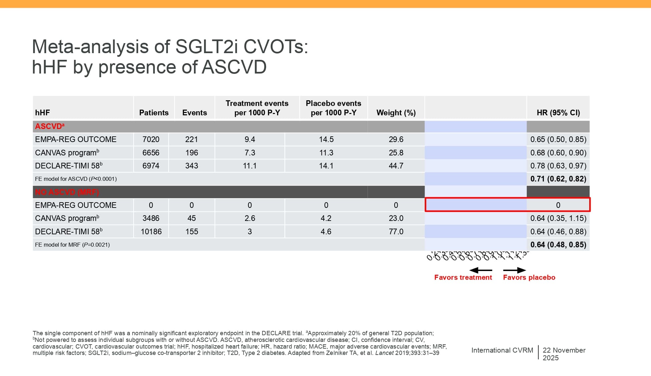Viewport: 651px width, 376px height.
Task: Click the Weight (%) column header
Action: point(396,113)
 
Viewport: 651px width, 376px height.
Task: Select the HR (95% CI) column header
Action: point(558,113)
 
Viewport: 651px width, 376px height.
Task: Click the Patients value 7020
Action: point(151,139)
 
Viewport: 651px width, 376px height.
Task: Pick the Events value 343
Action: point(192,166)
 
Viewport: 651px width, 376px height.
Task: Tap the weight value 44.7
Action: point(396,166)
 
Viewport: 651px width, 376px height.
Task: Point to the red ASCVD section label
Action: point(49,126)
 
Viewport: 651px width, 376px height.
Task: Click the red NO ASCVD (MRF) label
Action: point(67,192)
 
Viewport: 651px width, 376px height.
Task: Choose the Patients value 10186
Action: point(151,232)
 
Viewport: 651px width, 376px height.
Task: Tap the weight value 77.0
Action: point(396,232)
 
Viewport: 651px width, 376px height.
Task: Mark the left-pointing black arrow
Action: point(480,270)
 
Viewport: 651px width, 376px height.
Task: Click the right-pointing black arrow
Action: point(514,270)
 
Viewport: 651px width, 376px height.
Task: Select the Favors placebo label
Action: point(529,277)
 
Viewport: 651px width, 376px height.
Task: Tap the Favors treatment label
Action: point(463,277)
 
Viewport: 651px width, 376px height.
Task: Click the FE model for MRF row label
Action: point(72,245)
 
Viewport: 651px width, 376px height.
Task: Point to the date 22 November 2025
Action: point(564,354)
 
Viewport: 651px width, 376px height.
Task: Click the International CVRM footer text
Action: point(502,350)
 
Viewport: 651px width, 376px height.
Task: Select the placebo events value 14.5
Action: point(326,139)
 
